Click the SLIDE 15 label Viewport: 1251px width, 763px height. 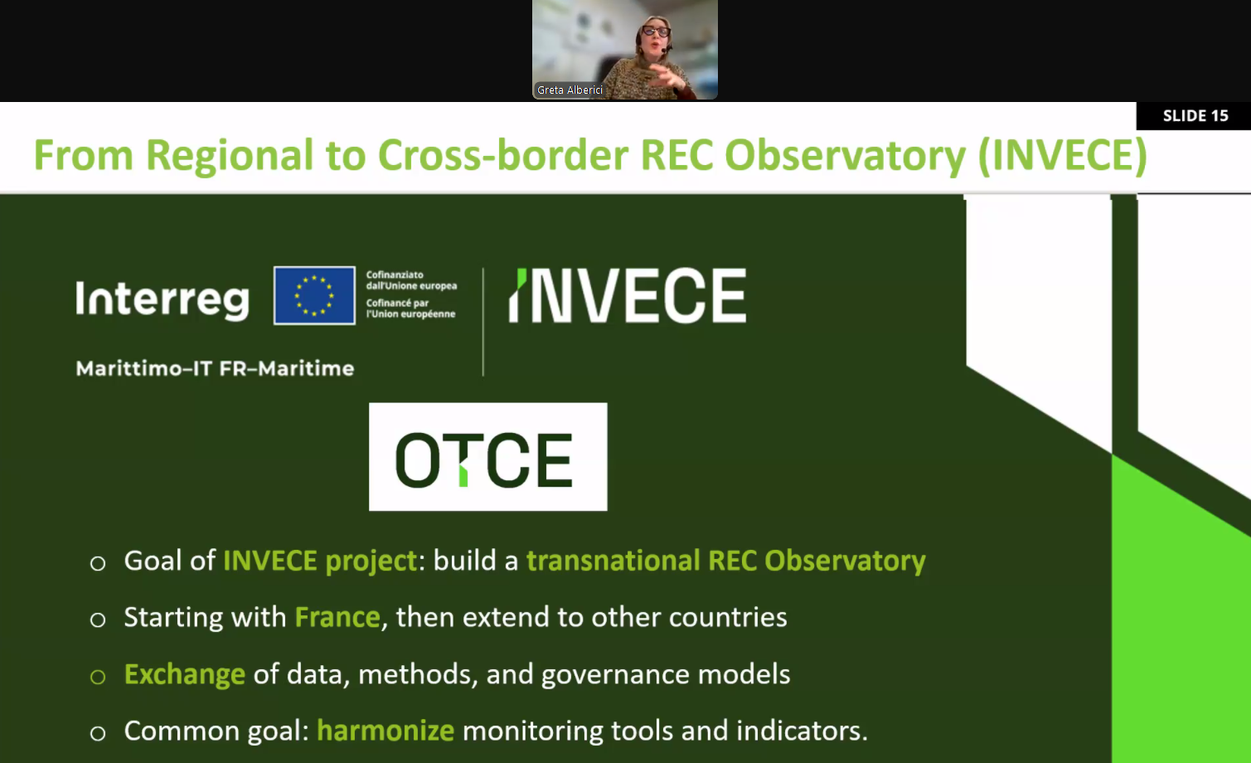[x=1195, y=115]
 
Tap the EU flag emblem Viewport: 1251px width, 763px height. [x=314, y=295]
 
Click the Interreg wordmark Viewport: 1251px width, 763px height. [x=162, y=300]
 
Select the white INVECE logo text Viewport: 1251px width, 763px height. [x=628, y=295]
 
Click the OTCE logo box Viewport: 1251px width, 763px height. [x=488, y=457]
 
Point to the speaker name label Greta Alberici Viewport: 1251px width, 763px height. [x=570, y=90]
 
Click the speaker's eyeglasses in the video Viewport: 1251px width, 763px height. [x=656, y=31]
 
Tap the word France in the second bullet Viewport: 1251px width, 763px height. [x=337, y=617]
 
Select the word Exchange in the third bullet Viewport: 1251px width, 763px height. [x=185, y=674]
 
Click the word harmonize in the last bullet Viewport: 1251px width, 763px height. [x=385, y=731]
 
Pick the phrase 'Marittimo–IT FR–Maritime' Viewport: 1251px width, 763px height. [x=215, y=369]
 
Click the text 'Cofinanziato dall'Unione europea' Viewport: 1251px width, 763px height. [x=411, y=279]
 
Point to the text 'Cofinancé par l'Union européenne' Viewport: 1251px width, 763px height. [x=410, y=309]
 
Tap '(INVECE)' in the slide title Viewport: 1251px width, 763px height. [x=1062, y=155]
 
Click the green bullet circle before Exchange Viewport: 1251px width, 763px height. [x=98, y=677]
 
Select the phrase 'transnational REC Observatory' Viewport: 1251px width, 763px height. [x=726, y=561]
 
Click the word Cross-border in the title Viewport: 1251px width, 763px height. [x=503, y=155]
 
